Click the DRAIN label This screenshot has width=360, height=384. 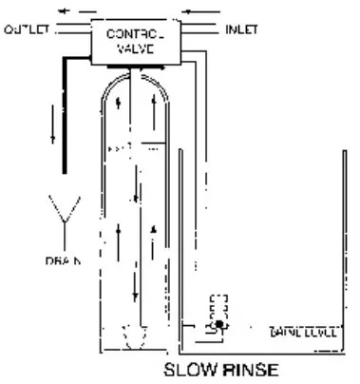coord(63,259)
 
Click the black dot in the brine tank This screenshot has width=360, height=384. coord(219,325)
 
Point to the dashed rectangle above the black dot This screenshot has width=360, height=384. coord(219,307)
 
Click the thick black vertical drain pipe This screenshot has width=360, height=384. coord(66,124)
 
